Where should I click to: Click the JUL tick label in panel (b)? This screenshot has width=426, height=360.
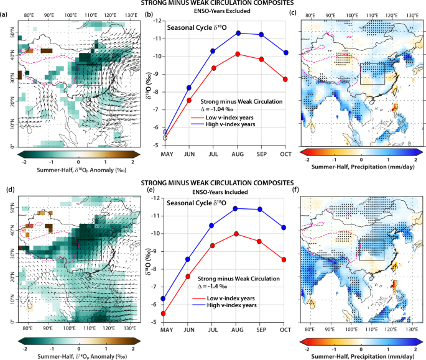(x=212, y=152)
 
